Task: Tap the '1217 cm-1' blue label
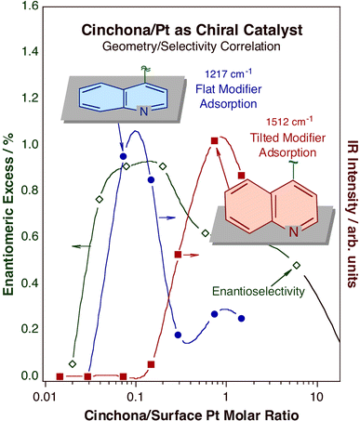click(203, 70)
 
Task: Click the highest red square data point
click(215, 140)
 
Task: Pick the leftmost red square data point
click(60, 376)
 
